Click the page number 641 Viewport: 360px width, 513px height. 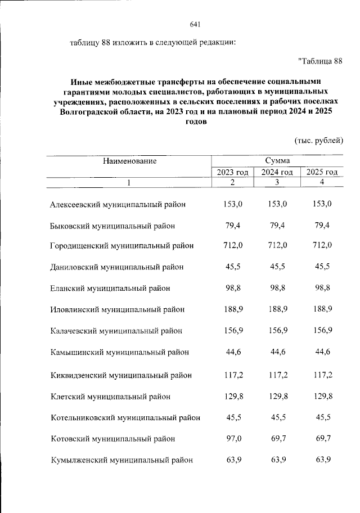[196, 24]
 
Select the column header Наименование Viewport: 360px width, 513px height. [129, 161]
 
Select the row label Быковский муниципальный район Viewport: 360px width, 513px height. [112, 226]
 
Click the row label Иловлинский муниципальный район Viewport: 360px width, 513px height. [117, 309]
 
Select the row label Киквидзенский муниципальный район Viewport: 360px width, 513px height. [121, 375]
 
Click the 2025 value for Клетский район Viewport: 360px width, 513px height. [322, 396]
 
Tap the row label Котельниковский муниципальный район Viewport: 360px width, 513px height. [125, 417]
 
